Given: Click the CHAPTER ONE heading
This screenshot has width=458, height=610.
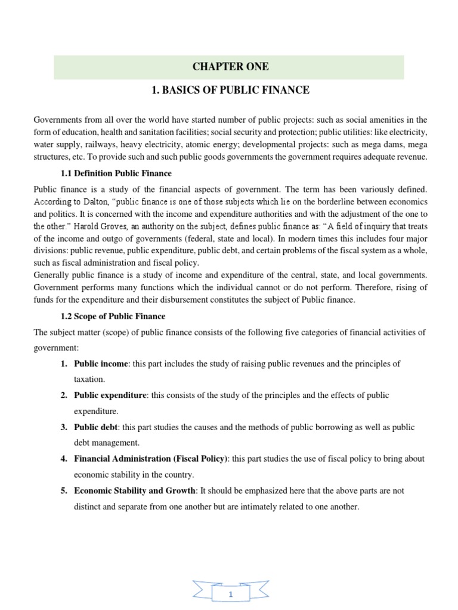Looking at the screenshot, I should tap(229, 67).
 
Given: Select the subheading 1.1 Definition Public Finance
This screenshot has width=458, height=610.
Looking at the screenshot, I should tap(116, 173).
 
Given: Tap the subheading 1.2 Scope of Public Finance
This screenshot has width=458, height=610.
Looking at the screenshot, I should tap(113, 316).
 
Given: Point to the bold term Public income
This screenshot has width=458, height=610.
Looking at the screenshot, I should tap(101, 363).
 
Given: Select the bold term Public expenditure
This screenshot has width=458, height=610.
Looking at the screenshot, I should tap(110, 396).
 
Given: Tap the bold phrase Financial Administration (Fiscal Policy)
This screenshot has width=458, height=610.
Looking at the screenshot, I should tap(151, 459).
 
